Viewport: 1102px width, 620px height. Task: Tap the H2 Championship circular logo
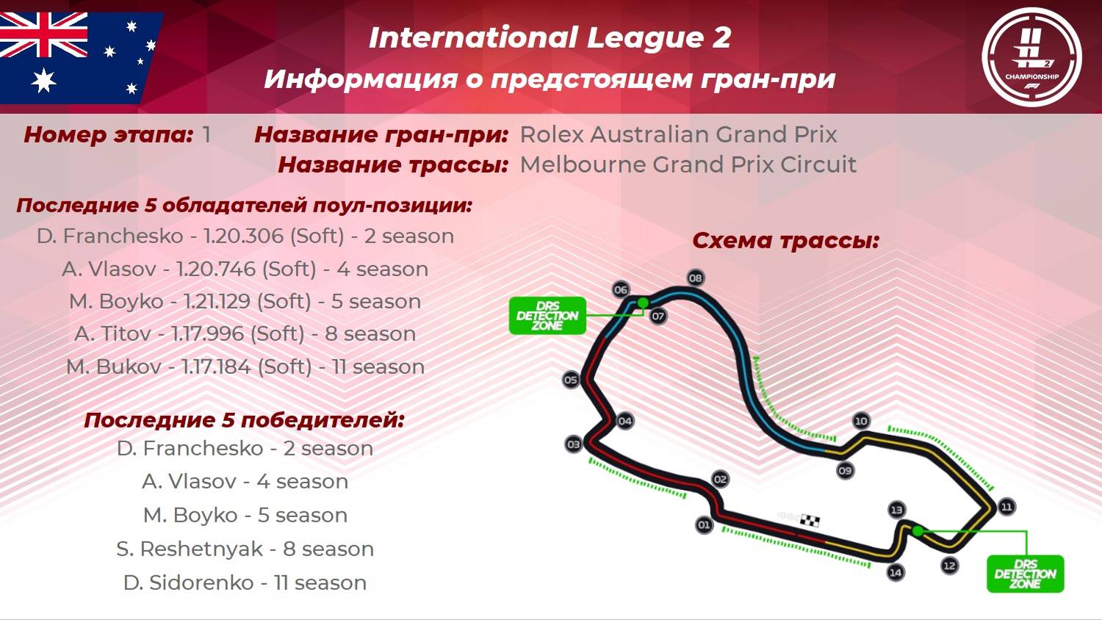pyautogui.click(x=1031, y=57)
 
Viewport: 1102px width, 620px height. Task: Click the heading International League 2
pyautogui.click(x=550, y=38)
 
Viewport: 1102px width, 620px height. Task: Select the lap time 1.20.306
pyautogui.click(x=243, y=236)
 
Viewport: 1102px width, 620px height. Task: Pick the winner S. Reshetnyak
pyautogui.click(x=189, y=549)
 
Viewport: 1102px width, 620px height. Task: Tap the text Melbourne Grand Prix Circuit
pyautogui.click(x=688, y=165)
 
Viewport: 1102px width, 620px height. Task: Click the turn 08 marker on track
pyautogui.click(x=695, y=278)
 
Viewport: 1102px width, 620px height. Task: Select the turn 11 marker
pyautogui.click(x=1006, y=507)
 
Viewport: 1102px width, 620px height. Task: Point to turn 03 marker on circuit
pyautogui.click(x=573, y=444)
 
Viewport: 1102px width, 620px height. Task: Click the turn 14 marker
pyautogui.click(x=896, y=572)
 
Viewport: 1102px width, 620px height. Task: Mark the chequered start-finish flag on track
pyautogui.click(x=810, y=521)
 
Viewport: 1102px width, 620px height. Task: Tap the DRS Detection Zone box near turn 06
pyautogui.click(x=547, y=316)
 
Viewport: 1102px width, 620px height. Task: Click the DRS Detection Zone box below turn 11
pyautogui.click(x=1025, y=574)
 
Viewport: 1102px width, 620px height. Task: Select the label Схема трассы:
pyautogui.click(x=785, y=240)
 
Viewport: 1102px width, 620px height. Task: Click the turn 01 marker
pyautogui.click(x=704, y=525)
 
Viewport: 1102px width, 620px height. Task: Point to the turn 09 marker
pyautogui.click(x=845, y=470)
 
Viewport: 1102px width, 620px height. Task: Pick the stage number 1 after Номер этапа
pyautogui.click(x=206, y=134)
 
